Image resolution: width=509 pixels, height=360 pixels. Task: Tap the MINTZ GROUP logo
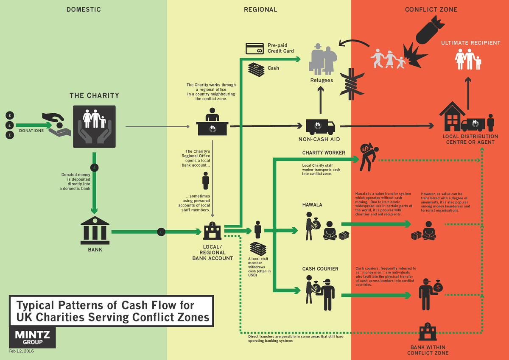32,338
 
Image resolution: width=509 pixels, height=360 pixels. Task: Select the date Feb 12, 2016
22,352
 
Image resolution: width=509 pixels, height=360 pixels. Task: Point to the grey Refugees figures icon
322,59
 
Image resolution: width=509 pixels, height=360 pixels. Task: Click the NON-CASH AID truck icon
320,126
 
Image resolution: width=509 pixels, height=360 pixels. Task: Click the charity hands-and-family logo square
94,126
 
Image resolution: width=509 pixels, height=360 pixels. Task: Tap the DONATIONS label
31,131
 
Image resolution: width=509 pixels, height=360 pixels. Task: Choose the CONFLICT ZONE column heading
431,9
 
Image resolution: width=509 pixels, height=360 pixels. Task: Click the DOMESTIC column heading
84,9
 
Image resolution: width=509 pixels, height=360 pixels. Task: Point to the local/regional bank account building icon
212,232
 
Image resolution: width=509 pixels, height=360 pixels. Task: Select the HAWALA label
312,205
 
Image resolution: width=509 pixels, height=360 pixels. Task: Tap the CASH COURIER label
320,268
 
